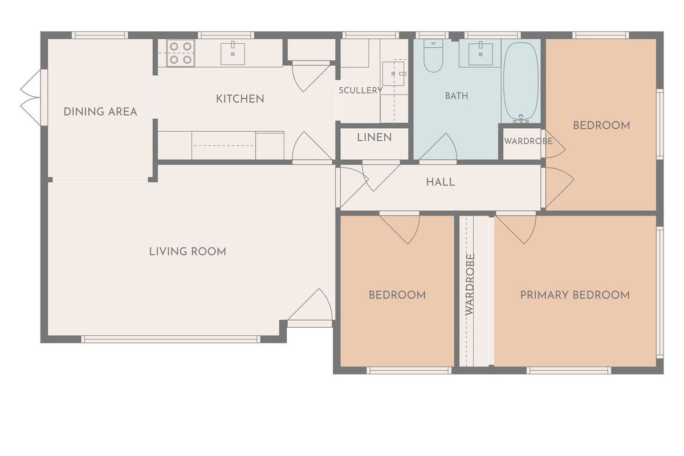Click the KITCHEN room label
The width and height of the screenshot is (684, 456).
pos(240,99)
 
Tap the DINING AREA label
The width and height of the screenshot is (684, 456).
pos(100,112)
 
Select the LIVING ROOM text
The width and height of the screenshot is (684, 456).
pos(188,252)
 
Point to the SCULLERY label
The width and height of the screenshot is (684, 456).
pos(360,91)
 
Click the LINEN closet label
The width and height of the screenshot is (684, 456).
pos(374,137)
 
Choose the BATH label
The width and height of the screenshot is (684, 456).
pos(457,96)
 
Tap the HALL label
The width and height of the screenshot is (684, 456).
pos(440,182)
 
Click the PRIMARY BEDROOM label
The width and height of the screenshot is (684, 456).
pos(575,295)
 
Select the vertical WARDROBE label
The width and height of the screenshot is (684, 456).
pos(470,284)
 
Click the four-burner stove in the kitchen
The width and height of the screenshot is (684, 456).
pos(181,53)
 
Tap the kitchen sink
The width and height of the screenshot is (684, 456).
pos(233,54)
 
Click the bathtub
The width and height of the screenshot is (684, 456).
pos(521,82)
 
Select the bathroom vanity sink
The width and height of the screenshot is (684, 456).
pos(481,54)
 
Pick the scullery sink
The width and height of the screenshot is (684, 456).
pos(394,74)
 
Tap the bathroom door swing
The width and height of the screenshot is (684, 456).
pos(438,146)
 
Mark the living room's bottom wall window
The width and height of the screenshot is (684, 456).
pos(170,339)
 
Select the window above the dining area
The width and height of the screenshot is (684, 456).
pos(100,35)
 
